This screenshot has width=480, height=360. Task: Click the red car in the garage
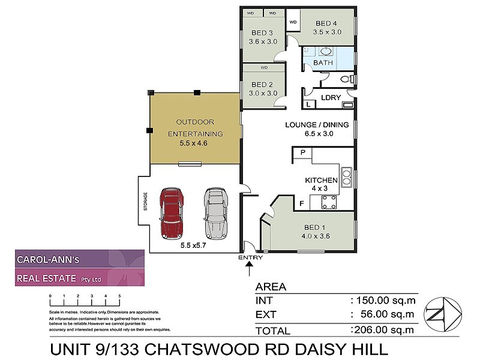click(x=172, y=214)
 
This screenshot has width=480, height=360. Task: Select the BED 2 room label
click(x=263, y=85)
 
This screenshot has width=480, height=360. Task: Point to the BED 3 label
click(x=262, y=32)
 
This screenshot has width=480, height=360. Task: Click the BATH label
click(x=323, y=62)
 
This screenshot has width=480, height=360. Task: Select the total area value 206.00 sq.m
click(x=383, y=329)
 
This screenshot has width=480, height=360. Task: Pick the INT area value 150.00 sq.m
click(x=383, y=299)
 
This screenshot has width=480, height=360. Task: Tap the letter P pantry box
click(x=303, y=154)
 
